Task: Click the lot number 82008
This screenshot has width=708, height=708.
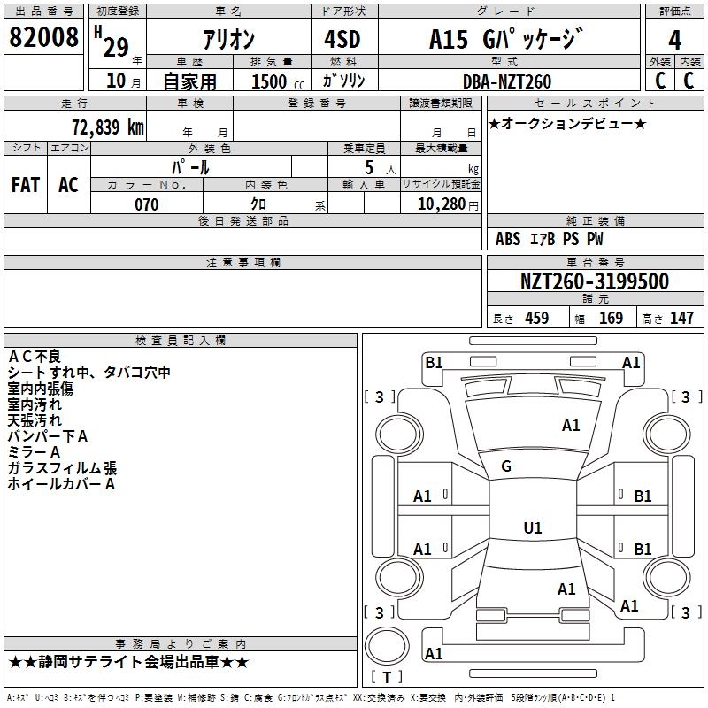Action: pyautogui.click(x=43, y=37)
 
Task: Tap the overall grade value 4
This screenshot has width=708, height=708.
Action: pyautogui.click(x=674, y=41)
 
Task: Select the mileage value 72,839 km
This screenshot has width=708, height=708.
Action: pyautogui.click(x=108, y=127)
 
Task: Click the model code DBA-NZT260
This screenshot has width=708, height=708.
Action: pyautogui.click(x=507, y=81)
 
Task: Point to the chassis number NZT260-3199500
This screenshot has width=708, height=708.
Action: pyautogui.click(x=594, y=281)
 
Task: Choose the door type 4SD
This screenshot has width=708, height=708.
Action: pyautogui.click(x=342, y=39)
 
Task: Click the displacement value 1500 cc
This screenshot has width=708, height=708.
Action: pyautogui.click(x=278, y=81)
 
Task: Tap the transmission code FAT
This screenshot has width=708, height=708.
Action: pyautogui.click(x=26, y=185)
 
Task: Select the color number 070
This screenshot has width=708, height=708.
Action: pyautogui.click(x=147, y=204)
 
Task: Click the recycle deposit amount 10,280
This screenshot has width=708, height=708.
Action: pyautogui.click(x=442, y=204)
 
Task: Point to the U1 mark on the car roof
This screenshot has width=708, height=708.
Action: pyautogui.click(x=533, y=527)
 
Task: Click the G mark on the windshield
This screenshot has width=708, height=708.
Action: pyautogui.click(x=506, y=466)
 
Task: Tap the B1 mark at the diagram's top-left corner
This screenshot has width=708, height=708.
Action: pyautogui.click(x=434, y=363)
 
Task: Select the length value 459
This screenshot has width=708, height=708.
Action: pyautogui.click(x=537, y=318)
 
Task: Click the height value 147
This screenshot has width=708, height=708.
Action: pyautogui.click(x=681, y=318)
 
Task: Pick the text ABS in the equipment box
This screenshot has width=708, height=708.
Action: pyautogui.click(x=508, y=239)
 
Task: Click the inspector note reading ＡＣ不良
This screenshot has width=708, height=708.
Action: pyautogui.click(x=35, y=357)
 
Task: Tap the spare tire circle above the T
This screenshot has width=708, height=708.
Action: pyautogui.click(x=387, y=646)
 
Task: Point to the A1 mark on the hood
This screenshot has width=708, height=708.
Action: pyautogui.click(x=571, y=426)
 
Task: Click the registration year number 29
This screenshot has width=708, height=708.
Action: pyautogui.click(x=116, y=47)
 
